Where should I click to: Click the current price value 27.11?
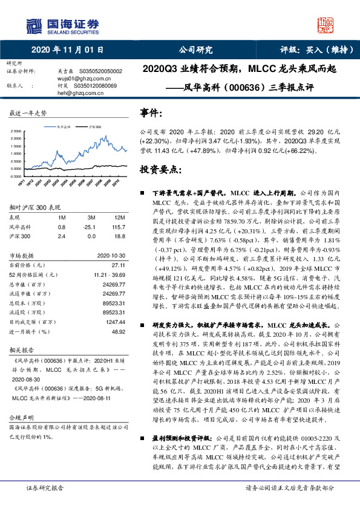[x=117, y=265]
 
